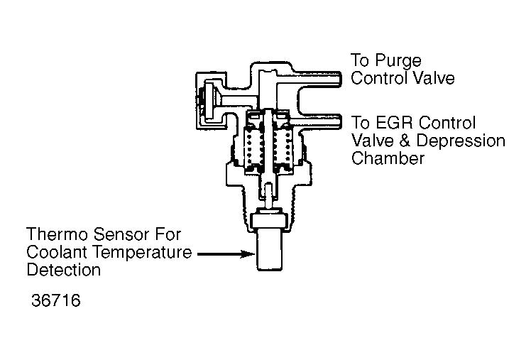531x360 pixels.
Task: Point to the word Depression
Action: click(x=461, y=141)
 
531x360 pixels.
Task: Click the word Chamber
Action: click(x=388, y=158)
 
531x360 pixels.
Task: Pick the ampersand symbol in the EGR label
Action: click(x=405, y=141)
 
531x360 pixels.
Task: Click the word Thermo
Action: click(x=58, y=234)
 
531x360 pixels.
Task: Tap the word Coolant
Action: click(x=58, y=252)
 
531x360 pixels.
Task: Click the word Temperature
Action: click(x=142, y=253)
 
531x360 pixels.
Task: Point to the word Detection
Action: click(x=64, y=270)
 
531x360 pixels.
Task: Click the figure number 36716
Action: click(x=56, y=300)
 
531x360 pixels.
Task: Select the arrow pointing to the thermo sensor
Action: click(x=226, y=254)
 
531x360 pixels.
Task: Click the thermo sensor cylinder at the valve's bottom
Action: click(x=270, y=250)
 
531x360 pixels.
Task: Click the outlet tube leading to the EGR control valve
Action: click(x=315, y=122)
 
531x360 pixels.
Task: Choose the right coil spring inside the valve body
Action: click(x=283, y=147)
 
